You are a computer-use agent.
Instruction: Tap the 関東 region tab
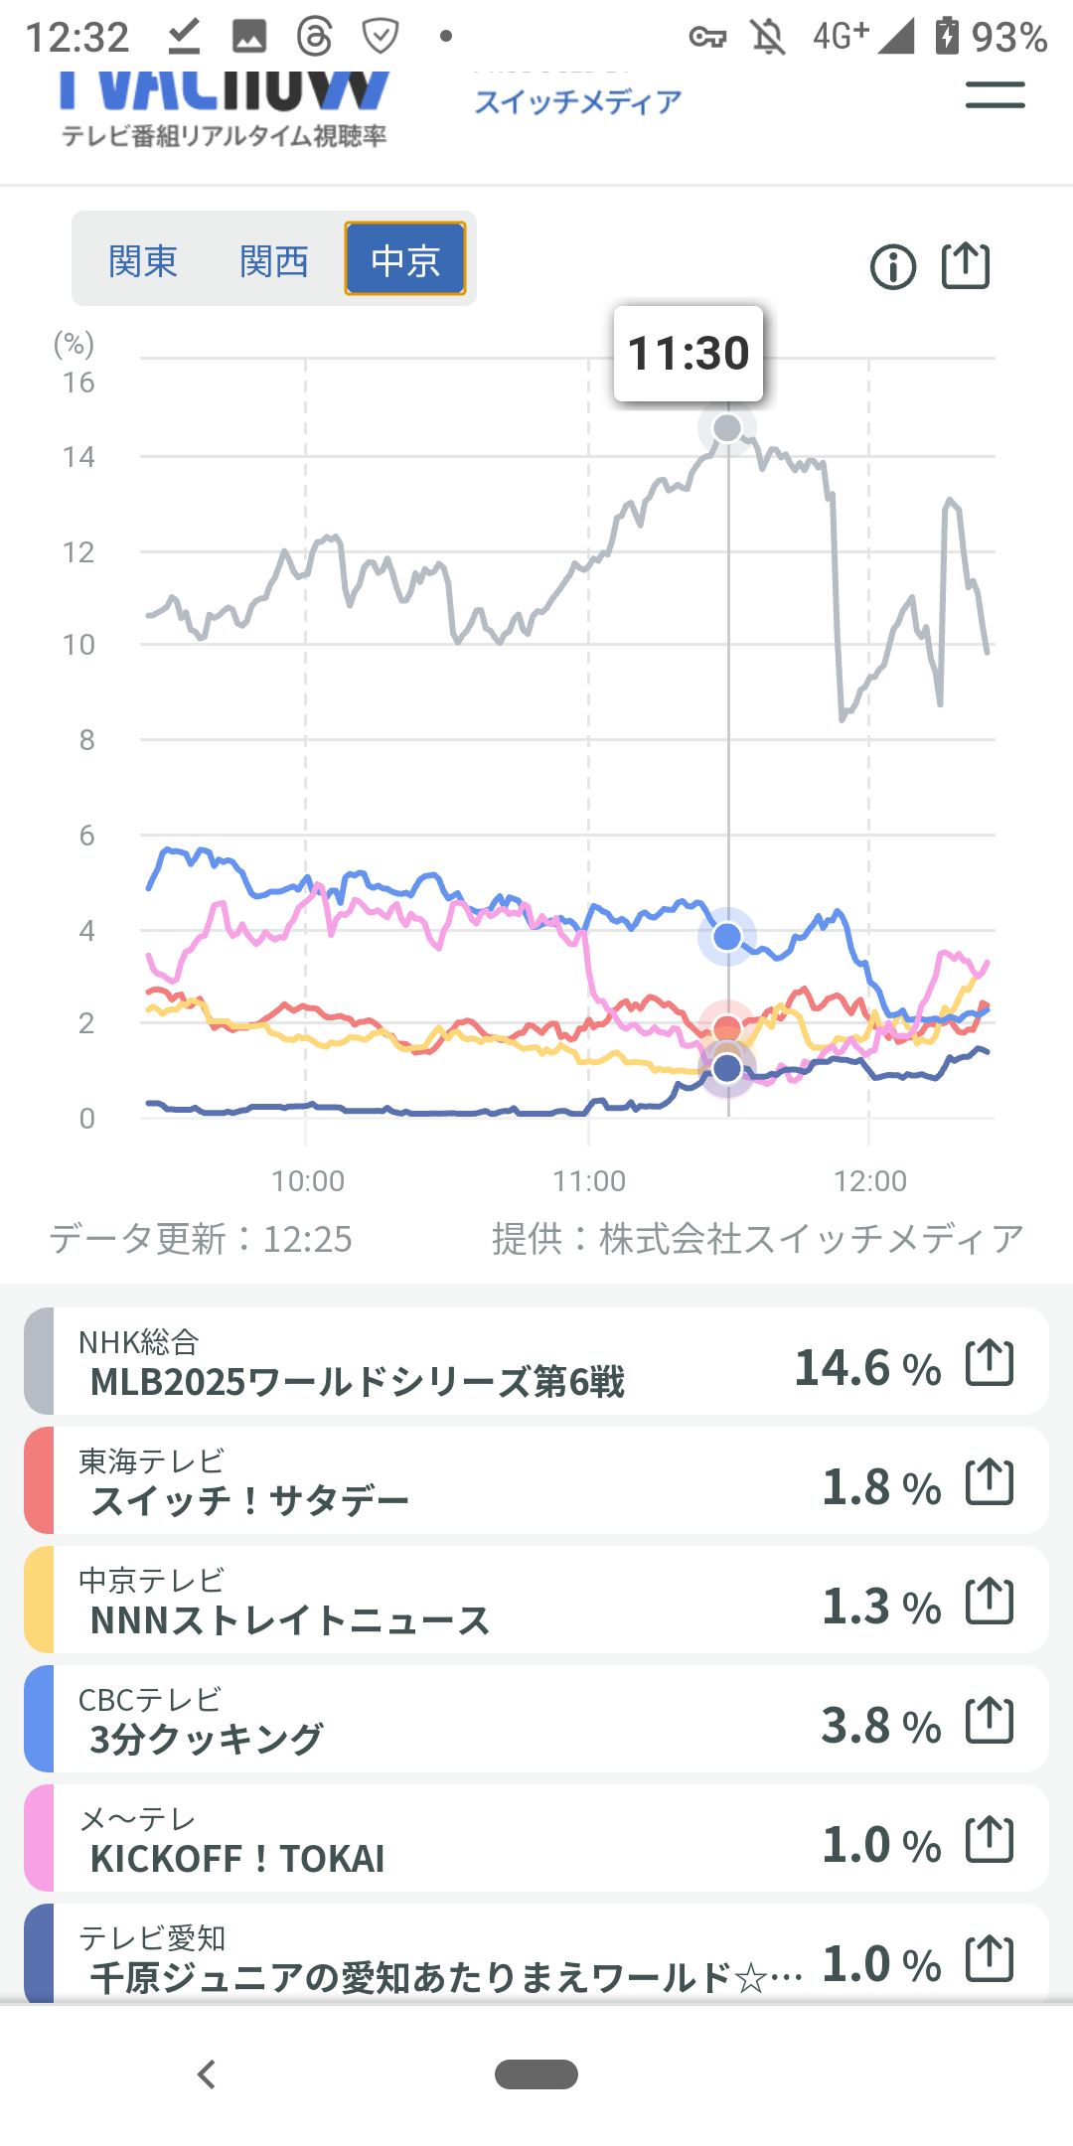pos(143,261)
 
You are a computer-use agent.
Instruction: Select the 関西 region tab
pos(274,261)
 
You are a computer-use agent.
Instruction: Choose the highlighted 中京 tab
pos(405,259)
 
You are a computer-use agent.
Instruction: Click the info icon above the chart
pos(892,267)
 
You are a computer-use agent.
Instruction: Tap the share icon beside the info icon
pos(966,266)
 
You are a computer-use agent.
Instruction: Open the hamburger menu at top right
pos(995,96)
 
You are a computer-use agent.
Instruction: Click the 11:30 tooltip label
pos(689,354)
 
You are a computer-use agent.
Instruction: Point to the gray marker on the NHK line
pos(727,428)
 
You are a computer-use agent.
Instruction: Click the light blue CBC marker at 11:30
pos(727,936)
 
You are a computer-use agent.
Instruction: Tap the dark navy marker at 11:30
pos(727,1069)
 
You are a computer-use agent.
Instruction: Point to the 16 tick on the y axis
pos(78,383)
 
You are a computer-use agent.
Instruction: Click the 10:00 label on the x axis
pos(308,1180)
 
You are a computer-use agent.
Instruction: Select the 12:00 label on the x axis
pos(870,1180)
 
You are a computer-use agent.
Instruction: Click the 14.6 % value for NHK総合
pos(867,1368)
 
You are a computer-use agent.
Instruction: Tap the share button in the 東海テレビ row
pos(990,1482)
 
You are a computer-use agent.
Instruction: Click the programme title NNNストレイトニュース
pos(290,1620)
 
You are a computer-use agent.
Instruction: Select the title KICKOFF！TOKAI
pos(237,1859)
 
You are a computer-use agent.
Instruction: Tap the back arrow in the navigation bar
pos(207,2074)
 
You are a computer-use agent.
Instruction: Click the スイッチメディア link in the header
pos(578,101)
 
